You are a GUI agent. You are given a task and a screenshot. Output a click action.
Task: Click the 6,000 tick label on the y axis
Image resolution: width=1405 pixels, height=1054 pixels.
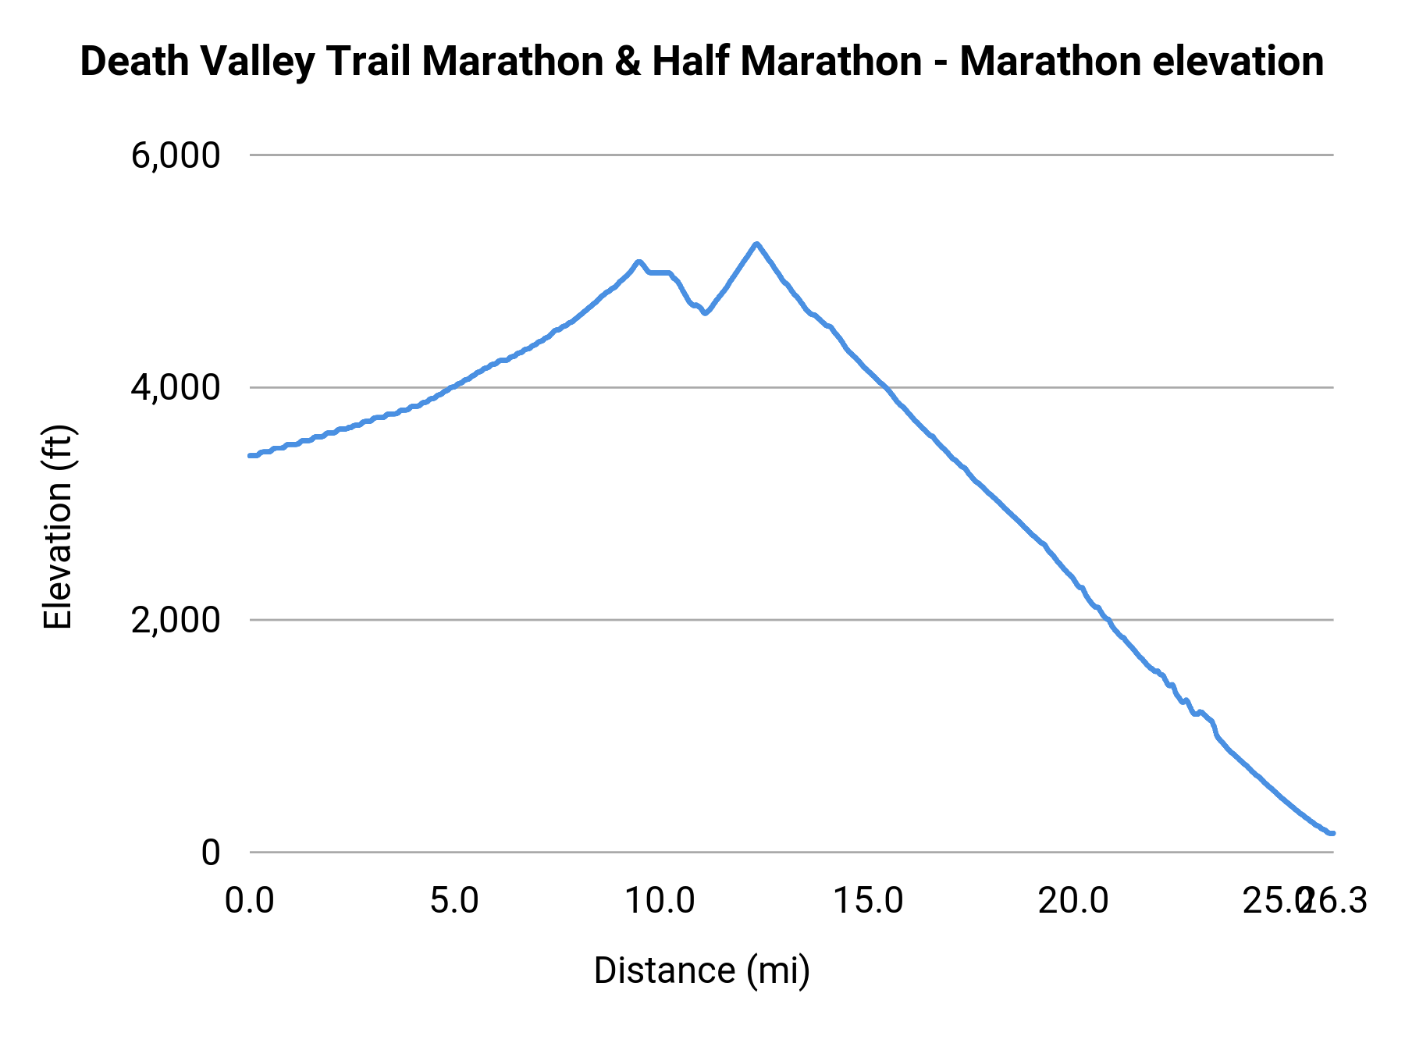(x=176, y=155)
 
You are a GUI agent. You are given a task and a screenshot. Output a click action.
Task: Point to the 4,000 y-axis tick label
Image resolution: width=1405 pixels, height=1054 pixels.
(x=176, y=388)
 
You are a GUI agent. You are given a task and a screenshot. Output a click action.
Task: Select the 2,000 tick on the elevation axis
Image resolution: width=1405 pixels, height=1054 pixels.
(x=176, y=621)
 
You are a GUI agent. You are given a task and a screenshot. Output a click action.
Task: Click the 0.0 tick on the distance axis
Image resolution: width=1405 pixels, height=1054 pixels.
(x=250, y=901)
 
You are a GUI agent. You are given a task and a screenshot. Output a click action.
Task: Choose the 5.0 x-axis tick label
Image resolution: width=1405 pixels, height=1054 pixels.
(x=454, y=901)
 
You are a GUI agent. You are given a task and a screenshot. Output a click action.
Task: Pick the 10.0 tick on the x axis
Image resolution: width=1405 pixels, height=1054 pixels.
(x=660, y=901)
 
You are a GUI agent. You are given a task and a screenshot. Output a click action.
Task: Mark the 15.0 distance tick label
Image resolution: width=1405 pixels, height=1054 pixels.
(x=867, y=901)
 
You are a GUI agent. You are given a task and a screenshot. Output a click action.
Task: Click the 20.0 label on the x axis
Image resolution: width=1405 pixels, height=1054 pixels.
(x=1072, y=901)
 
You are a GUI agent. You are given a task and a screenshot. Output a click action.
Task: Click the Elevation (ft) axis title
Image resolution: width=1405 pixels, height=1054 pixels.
(x=58, y=527)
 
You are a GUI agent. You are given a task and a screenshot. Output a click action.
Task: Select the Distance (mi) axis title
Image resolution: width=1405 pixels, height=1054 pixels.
(x=702, y=970)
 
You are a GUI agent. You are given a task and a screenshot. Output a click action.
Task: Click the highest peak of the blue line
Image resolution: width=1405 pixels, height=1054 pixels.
(x=756, y=244)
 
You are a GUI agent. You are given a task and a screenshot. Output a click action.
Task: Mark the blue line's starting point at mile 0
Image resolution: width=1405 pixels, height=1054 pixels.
(x=251, y=455)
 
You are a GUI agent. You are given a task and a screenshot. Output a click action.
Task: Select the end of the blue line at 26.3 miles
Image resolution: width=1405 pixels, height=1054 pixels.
(x=1332, y=833)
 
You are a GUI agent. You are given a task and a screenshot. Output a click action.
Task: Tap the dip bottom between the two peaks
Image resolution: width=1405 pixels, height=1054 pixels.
(x=706, y=312)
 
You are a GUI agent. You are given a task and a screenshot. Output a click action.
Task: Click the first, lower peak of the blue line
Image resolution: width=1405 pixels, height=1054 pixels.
(x=638, y=262)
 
